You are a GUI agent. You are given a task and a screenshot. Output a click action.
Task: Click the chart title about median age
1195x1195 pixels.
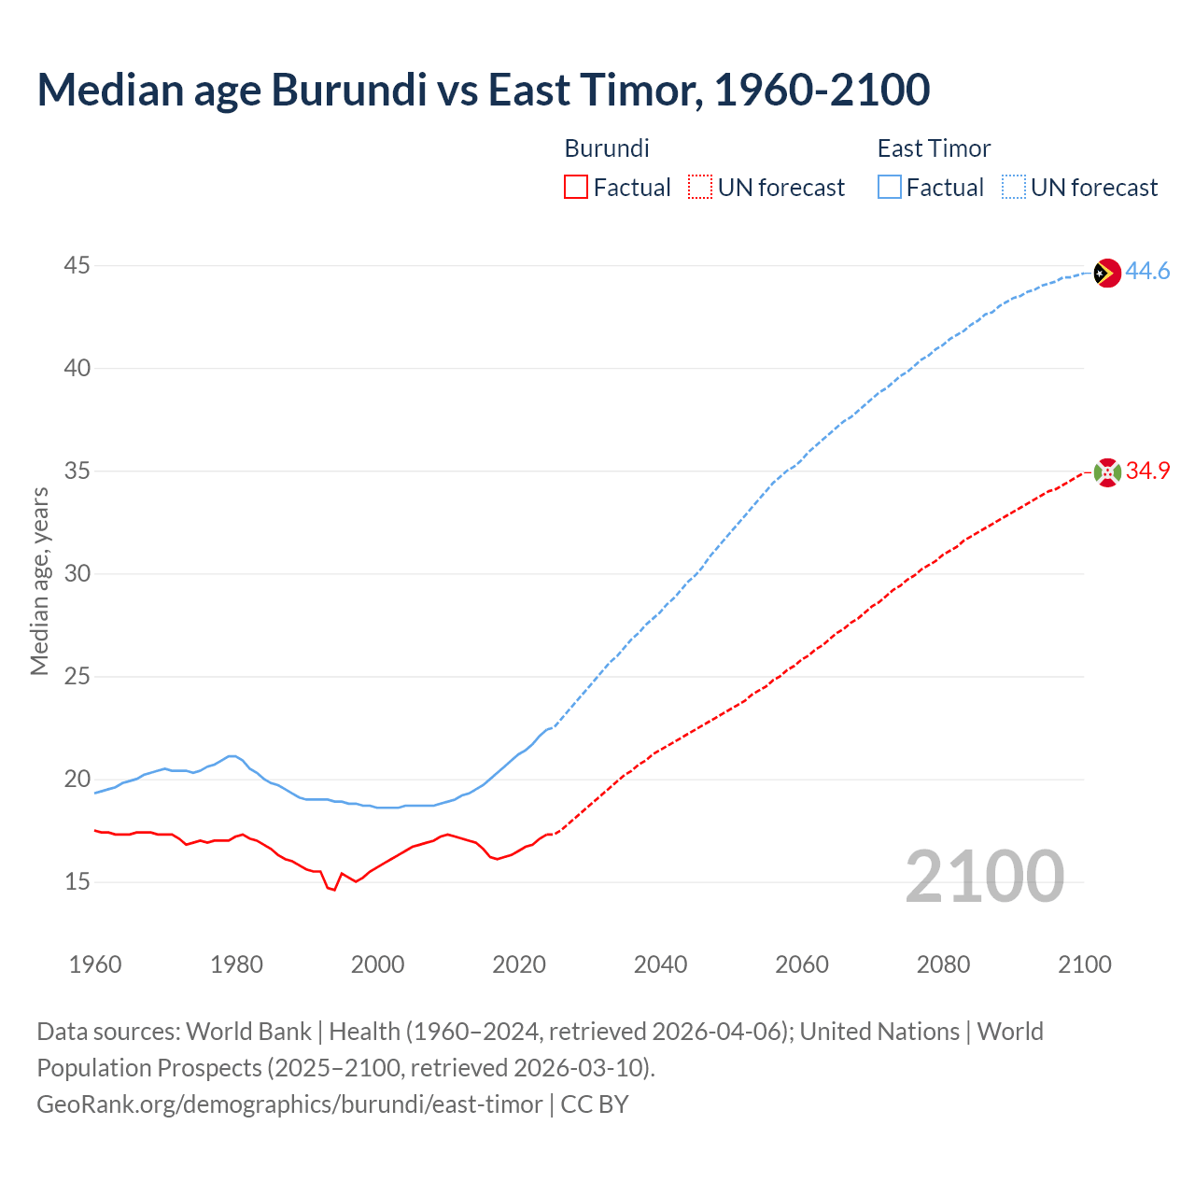(483, 91)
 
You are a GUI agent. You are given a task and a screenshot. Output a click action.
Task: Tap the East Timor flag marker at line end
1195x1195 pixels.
(1106, 273)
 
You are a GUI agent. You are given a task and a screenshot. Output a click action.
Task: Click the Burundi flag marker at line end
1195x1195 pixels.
(1106, 472)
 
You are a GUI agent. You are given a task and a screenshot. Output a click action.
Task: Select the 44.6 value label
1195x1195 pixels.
(1147, 272)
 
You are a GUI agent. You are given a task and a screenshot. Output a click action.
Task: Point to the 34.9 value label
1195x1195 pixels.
(1147, 471)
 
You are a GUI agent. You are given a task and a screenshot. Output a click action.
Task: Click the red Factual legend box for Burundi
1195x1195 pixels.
(576, 188)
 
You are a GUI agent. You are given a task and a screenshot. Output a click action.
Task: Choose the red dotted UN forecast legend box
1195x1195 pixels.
(700, 188)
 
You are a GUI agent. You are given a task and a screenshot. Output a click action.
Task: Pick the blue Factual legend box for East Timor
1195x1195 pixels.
(889, 188)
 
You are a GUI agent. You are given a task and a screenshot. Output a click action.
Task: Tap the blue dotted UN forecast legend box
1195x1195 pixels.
(1013, 188)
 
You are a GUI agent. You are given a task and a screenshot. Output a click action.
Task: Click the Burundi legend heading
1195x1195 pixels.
(607, 148)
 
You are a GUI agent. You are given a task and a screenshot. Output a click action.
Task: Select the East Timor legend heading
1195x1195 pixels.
(934, 148)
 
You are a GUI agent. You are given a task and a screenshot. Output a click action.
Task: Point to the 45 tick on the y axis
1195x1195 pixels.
(77, 266)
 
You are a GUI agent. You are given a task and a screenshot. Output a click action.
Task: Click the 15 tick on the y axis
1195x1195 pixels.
(77, 882)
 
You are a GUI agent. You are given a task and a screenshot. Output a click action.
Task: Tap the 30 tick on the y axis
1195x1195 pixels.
(77, 574)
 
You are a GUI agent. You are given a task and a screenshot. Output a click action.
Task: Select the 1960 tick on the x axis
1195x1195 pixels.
(95, 964)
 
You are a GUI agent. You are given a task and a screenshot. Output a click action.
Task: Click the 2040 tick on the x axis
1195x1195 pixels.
(660, 964)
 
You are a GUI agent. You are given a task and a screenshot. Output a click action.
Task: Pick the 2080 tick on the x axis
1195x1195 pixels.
(943, 964)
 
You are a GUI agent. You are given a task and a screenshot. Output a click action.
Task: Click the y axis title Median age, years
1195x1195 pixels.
(39, 581)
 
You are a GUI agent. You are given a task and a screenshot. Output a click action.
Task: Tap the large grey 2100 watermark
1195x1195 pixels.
(984, 876)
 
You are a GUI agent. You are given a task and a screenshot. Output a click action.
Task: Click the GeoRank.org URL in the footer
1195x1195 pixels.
(289, 1104)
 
